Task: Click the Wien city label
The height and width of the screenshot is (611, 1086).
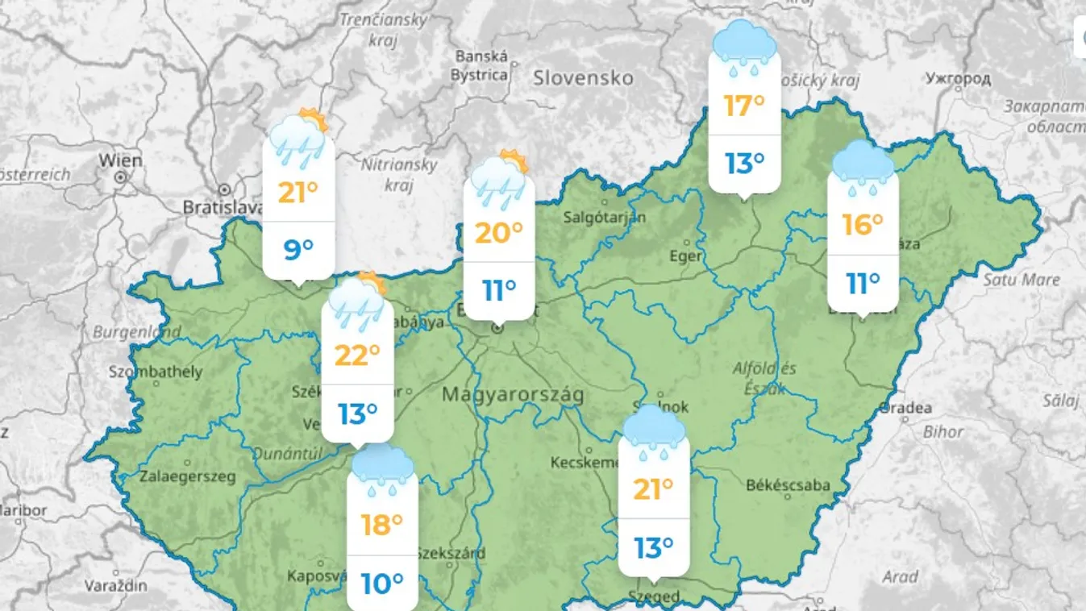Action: (x=120, y=160)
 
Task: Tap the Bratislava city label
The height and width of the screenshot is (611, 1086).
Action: (x=222, y=206)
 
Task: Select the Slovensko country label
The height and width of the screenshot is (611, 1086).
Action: (x=583, y=78)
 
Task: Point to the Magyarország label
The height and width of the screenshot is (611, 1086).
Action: (x=513, y=395)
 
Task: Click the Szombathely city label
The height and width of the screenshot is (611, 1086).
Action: (x=156, y=372)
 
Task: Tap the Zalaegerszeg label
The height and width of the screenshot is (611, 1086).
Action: (x=188, y=476)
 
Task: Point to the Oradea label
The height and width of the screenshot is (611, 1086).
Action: (x=905, y=408)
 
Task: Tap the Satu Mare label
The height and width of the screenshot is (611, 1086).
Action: (x=1021, y=280)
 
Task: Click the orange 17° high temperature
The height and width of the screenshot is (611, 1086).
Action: (x=744, y=106)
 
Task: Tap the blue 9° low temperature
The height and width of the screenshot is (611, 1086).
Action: (x=298, y=250)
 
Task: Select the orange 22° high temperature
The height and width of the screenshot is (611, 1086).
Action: (x=357, y=355)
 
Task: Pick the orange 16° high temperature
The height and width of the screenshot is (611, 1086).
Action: (x=863, y=225)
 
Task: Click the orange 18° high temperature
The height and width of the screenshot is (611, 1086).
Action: (x=382, y=526)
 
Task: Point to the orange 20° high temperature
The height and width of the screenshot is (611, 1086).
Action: (x=499, y=233)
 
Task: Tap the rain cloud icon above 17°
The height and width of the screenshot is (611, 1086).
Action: (x=744, y=48)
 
